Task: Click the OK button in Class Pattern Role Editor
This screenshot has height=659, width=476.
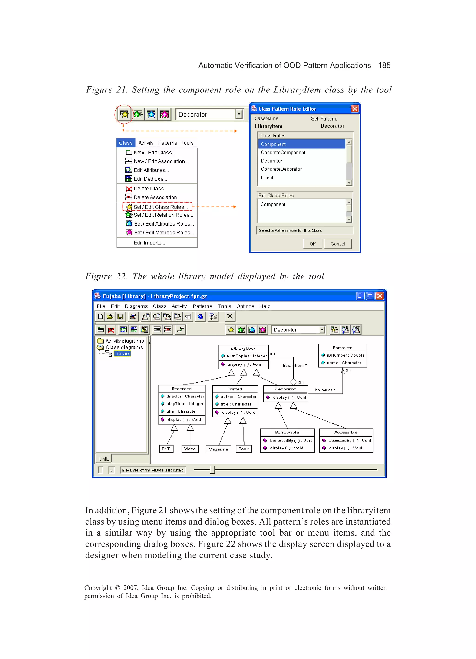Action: [313, 243]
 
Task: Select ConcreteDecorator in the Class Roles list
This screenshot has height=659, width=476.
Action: [281, 169]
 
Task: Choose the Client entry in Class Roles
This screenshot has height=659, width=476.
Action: [267, 177]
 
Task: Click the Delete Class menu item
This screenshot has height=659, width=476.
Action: [148, 189]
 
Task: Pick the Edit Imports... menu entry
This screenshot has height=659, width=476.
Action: [149, 243]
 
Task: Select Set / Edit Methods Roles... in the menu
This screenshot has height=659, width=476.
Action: [163, 233]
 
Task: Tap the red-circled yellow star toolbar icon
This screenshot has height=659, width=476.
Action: [124, 114]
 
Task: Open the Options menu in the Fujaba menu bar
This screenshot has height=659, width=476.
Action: [245, 306]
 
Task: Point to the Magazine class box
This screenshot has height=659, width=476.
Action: [218, 449]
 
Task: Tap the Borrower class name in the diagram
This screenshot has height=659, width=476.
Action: [342, 348]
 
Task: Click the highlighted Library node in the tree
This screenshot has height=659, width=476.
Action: [122, 354]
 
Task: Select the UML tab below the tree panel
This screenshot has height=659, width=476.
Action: [103, 459]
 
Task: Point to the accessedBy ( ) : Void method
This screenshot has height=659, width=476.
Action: [350, 440]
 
